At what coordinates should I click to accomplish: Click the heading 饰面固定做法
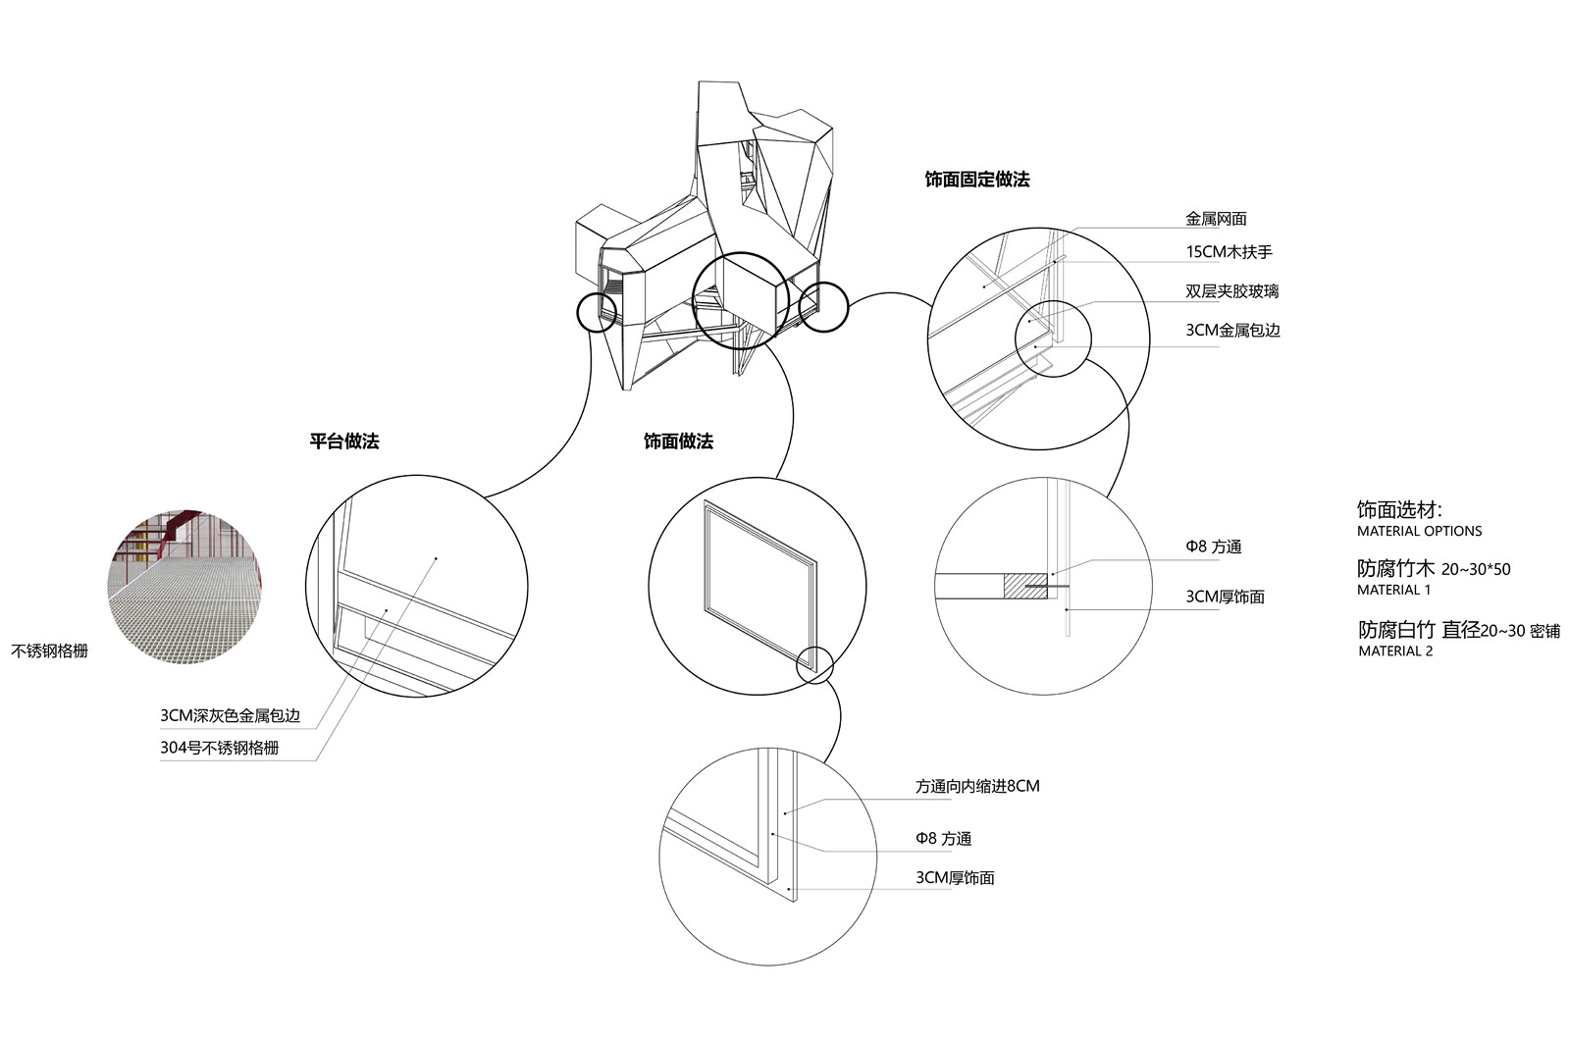[x=976, y=180]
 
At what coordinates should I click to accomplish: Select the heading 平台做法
[x=343, y=442]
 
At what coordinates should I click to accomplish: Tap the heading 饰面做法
[x=678, y=442]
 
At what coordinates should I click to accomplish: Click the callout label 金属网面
[x=1216, y=219]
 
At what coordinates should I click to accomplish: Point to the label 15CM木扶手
[x=1229, y=252]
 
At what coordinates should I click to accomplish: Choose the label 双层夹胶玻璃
[x=1231, y=291]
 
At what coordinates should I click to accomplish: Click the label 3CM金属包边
[x=1232, y=331]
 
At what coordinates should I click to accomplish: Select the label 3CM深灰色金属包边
[x=230, y=716]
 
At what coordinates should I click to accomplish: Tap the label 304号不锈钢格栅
[x=219, y=748]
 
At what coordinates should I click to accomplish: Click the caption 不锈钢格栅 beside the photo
[x=49, y=651]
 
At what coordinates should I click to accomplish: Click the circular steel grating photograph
[x=184, y=587]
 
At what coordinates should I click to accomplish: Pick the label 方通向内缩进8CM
[x=977, y=786]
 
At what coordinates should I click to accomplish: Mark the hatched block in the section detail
[x=1024, y=586]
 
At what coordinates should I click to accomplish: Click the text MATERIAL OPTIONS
[x=1419, y=531]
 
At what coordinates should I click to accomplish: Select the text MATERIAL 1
[x=1393, y=590]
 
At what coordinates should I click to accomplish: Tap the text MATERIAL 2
[x=1394, y=651]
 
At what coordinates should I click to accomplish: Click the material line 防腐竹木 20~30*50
[x=1434, y=569]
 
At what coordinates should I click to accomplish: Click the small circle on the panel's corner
[x=814, y=665]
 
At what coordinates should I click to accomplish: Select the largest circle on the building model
[x=741, y=300]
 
